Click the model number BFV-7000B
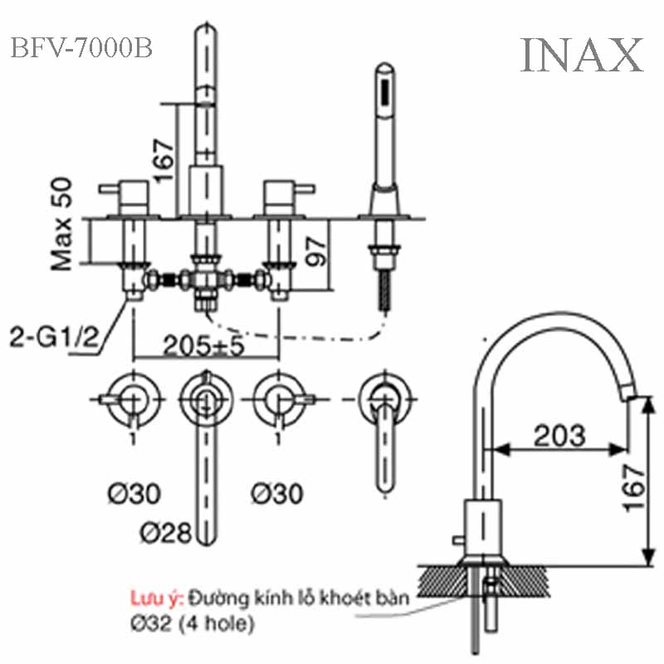point(81,49)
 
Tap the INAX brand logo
point(582,55)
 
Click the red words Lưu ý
point(155,597)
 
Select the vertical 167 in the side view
point(634,486)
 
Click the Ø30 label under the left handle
point(133,494)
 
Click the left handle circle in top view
point(133,396)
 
